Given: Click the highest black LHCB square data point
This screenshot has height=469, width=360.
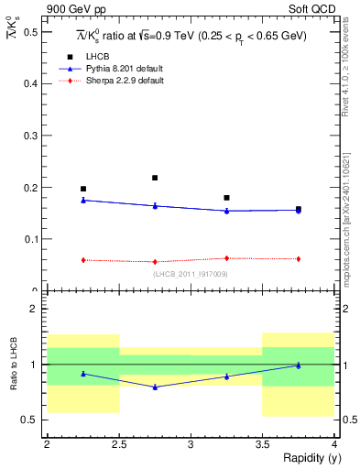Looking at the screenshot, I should pyautogui.click(x=155, y=178).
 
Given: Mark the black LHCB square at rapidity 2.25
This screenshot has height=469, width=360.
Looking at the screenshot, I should pyautogui.click(x=82, y=189).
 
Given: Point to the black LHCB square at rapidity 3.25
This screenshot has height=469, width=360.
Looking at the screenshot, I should pyautogui.click(x=226, y=198).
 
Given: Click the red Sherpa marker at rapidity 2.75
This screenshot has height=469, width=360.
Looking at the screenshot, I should pyautogui.click(x=155, y=262).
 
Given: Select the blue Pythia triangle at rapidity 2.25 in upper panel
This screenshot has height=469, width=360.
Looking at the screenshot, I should pyautogui.click(x=82, y=200).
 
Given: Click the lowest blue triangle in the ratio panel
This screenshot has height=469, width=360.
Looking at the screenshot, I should pyautogui.click(x=155, y=387).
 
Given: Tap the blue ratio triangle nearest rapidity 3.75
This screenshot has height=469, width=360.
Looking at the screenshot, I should pyautogui.click(x=298, y=365).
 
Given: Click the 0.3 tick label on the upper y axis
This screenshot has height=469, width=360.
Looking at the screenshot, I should pyautogui.click(x=32, y=136).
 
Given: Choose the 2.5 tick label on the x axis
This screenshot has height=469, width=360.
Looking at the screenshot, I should pyautogui.click(x=118, y=444).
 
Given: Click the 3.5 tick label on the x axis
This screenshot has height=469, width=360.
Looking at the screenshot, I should pyautogui.click(x=262, y=444).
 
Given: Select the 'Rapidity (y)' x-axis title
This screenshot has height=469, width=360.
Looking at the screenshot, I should pyautogui.click(x=311, y=458).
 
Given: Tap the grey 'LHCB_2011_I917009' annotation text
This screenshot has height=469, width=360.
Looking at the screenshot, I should pyautogui.click(x=191, y=274).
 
